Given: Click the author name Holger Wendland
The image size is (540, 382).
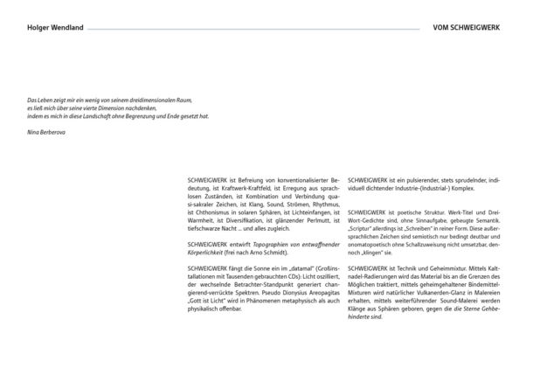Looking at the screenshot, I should [x=56, y=28].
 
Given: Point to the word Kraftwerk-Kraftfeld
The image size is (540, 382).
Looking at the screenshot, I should [x=250, y=186].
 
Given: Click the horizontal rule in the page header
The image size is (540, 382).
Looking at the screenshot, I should [x=253, y=28].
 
